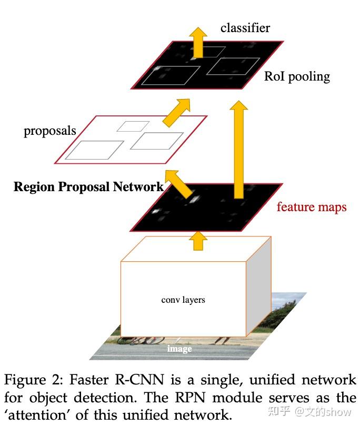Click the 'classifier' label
point(245,28)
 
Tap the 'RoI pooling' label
point(297,76)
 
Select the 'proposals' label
point(50,131)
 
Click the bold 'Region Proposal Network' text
point(88,187)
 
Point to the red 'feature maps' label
point(312,207)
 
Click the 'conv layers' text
point(183,300)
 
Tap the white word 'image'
point(179,349)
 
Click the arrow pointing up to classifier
point(198,42)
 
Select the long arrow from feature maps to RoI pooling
point(239,150)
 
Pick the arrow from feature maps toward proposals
point(178,184)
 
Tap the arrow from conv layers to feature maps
point(198,241)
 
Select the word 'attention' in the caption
point(37,415)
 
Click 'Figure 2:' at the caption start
point(34,380)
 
